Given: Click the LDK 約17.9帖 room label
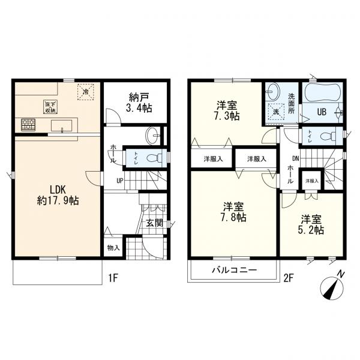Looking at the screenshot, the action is [58, 195].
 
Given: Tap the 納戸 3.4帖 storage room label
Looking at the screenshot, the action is [139, 103].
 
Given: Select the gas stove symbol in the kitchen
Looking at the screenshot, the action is [28, 125].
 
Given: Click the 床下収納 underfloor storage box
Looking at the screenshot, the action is [50, 107].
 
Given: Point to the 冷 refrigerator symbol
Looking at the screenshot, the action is [85, 92].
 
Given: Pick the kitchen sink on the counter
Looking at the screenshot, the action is [62, 126].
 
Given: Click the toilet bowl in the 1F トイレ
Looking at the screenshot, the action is [154, 158].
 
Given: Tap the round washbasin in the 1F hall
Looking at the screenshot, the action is [154, 136].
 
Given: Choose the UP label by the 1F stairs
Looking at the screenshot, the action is [120, 181].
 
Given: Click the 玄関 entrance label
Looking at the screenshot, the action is [155, 223].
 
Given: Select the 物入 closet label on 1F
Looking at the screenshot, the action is [113, 248].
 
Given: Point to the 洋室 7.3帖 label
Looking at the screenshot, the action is [227, 110].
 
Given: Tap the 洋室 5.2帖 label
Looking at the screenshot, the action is [311, 224].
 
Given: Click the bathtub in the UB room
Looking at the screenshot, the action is [322, 92].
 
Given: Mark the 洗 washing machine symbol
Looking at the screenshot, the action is [276, 112].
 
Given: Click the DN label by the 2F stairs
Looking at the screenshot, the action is [296, 158].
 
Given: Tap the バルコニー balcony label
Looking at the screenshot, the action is [234, 270].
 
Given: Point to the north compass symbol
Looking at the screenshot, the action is [332, 287].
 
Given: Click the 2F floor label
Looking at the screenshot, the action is [289, 278].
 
